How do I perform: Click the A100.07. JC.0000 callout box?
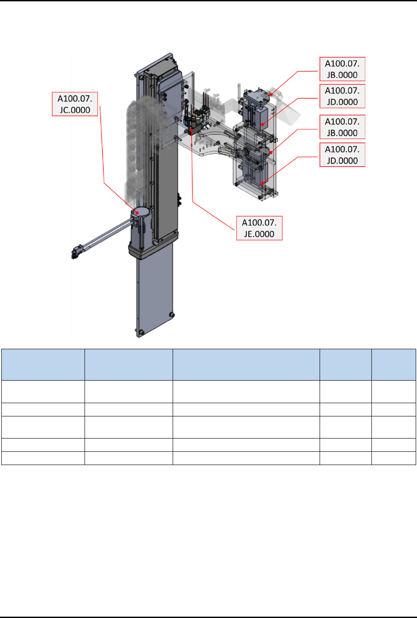pyautogui.click(x=75, y=104)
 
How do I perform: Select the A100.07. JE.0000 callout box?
pyautogui.click(x=259, y=228)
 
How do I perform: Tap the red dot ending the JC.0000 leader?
pyautogui.click(x=137, y=213)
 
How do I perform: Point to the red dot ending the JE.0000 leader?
pyautogui.click(x=192, y=130)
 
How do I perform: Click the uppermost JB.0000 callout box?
pyautogui.click(x=342, y=69)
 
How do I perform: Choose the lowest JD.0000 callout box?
pyautogui.click(x=342, y=155)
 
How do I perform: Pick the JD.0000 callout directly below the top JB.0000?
pyautogui.click(x=342, y=96)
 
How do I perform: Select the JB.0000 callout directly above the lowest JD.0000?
pyautogui.click(x=342, y=127)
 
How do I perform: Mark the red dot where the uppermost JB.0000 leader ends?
pyautogui.click(x=271, y=95)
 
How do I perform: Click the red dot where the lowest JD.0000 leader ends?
pyautogui.click(x=262, y=183)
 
